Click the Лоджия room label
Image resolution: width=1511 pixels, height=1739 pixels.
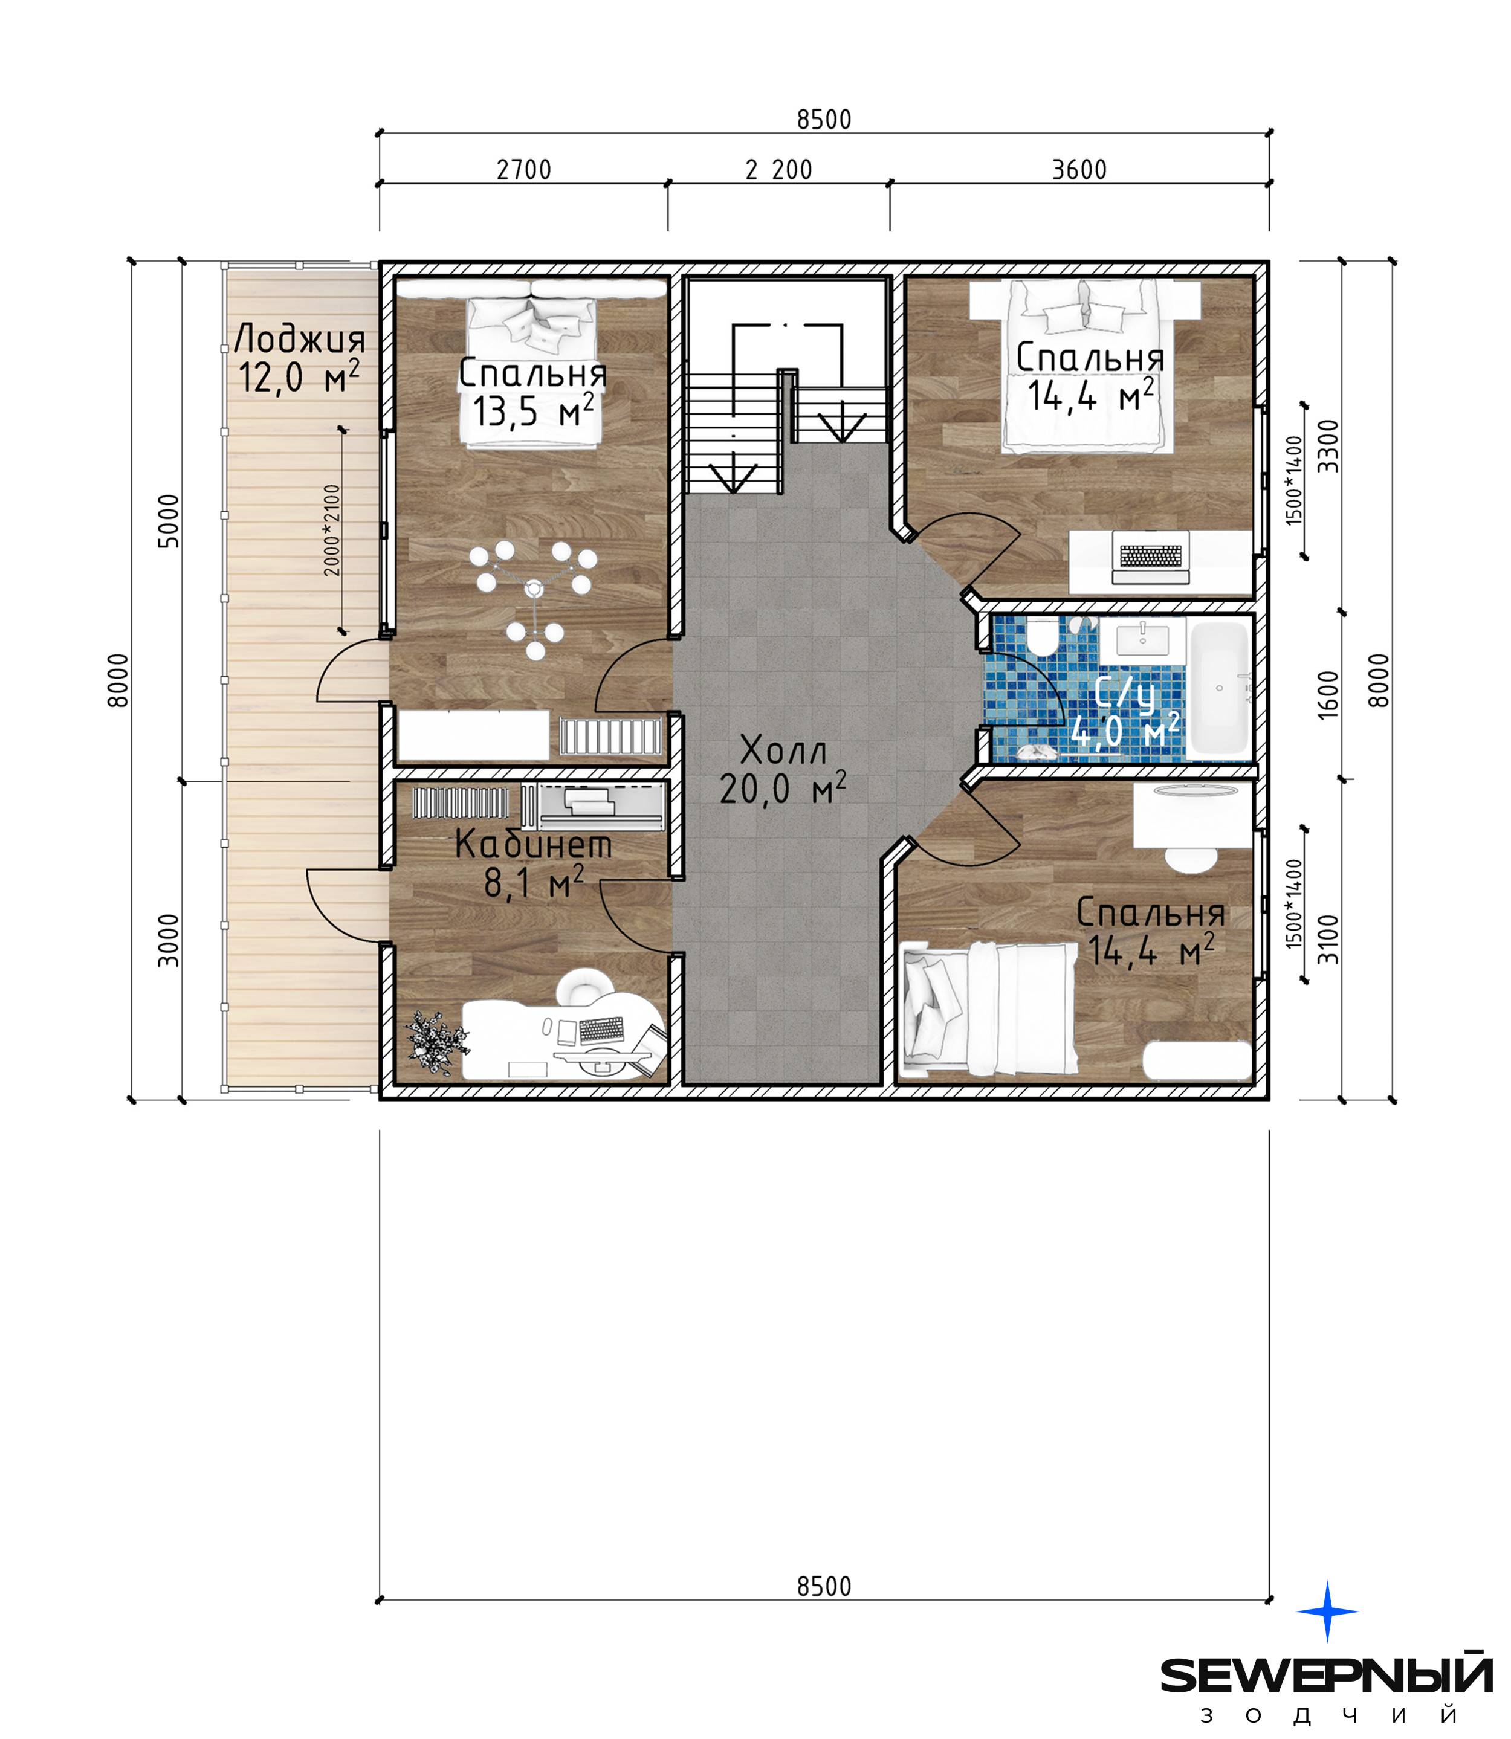pos(299,359)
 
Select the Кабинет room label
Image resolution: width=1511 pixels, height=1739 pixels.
pos(533,863)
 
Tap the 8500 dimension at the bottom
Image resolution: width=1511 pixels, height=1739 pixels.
pos(824,1586)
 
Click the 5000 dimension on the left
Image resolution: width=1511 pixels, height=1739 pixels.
pos(169,521)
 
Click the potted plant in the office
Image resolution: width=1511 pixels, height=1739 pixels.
pos(435,1043)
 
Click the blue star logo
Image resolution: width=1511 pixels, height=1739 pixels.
pos(1327,1611)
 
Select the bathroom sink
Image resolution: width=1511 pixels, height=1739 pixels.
pos(1142,640)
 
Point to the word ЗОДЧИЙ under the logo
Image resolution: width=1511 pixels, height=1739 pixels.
pos(1329,1715)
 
